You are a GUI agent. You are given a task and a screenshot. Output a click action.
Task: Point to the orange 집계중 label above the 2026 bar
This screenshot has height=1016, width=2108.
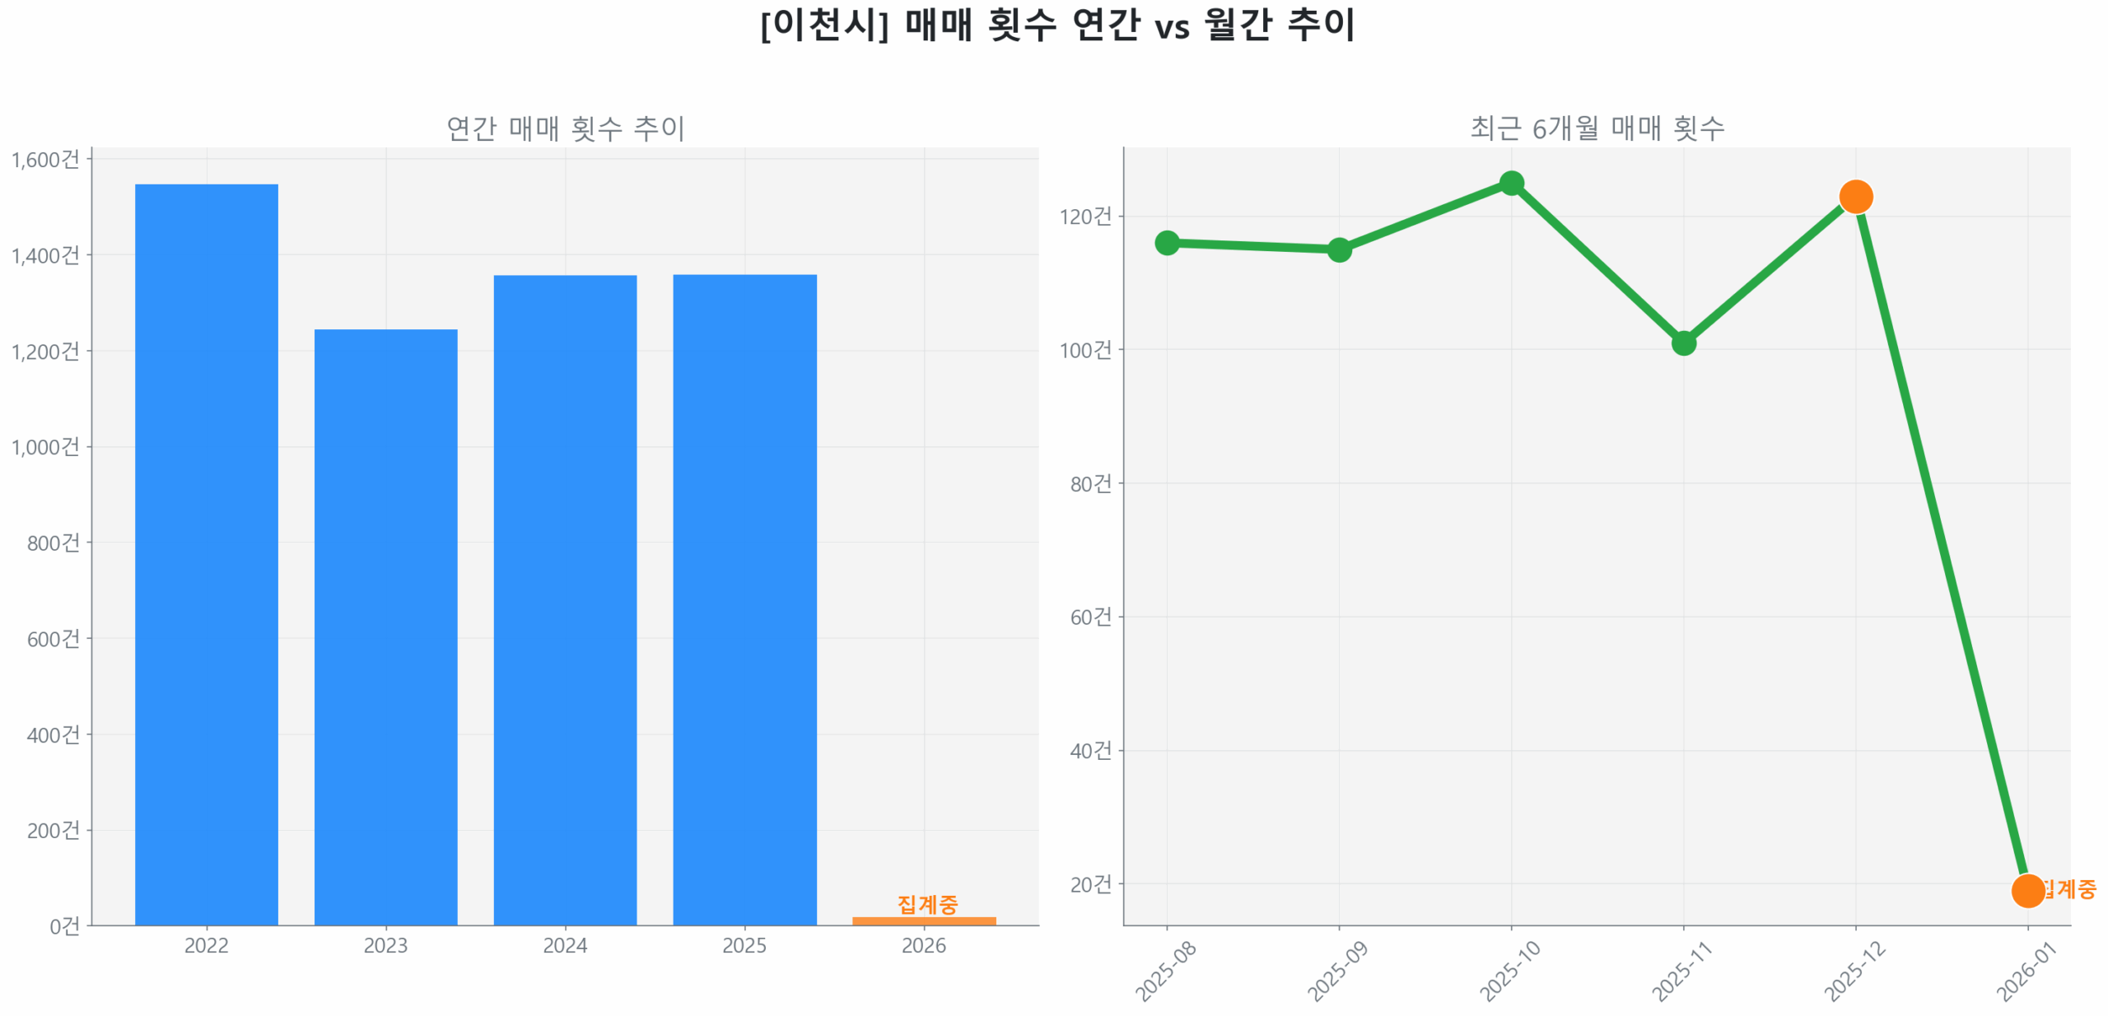(x=927, y=903)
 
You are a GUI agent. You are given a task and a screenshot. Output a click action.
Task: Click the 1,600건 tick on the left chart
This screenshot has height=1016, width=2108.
(x=45, y=159)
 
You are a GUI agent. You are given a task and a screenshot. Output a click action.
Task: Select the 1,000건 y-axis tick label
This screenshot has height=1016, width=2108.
(x=45, y=446)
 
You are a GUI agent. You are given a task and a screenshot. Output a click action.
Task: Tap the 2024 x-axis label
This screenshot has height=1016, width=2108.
(x=565, y=944)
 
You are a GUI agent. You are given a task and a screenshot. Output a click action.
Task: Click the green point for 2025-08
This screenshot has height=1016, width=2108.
(x=1166, y=242)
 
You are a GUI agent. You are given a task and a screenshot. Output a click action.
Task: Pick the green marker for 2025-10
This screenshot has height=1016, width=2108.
(x=1510, y=183)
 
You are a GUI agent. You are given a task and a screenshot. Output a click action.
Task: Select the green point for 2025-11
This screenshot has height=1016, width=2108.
(x=1682, y=342)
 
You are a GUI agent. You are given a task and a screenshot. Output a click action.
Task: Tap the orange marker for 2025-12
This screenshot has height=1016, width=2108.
(x=1854, y=196)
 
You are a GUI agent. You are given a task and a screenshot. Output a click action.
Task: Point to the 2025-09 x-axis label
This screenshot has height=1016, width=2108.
(x=1337, y=971)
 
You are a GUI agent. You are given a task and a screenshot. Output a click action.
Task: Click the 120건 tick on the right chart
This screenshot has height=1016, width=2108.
(x=1084, y=216)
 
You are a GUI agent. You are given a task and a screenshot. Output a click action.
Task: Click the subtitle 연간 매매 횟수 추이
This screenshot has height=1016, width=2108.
(x=565, y=128)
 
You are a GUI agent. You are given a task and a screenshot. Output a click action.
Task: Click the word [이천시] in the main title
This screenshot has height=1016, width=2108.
(x=823, y=25)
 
